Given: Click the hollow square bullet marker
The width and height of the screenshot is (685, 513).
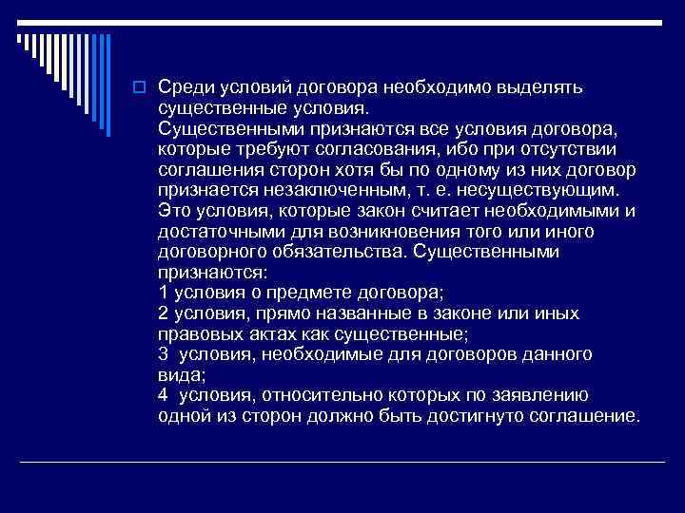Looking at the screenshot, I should click(x=138, y=88).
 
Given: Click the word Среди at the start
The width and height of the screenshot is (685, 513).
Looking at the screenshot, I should click(x=183, y=87).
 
